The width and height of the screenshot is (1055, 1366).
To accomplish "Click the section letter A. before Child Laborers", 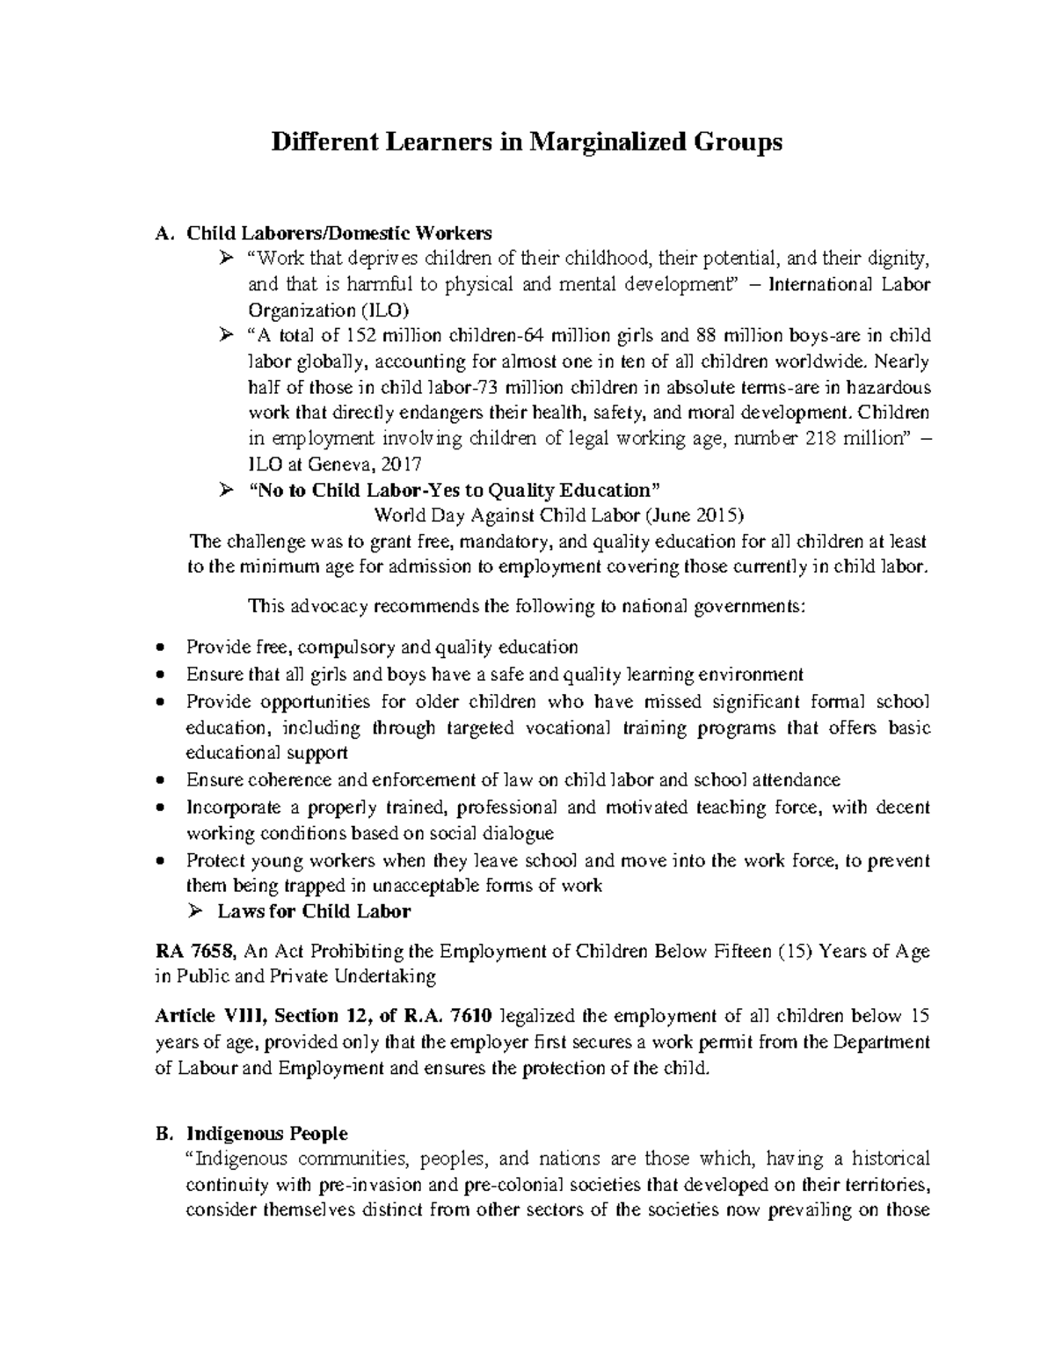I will [162, 233].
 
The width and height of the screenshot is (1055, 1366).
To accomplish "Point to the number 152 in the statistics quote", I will [365, 336].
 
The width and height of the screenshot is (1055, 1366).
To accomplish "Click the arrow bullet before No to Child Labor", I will [225, 490].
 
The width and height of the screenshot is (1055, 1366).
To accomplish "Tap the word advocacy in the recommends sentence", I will [330, 606].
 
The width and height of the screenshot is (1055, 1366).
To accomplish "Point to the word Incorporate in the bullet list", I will [233, 807].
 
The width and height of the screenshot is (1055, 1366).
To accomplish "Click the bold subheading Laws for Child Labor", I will [314, 911].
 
